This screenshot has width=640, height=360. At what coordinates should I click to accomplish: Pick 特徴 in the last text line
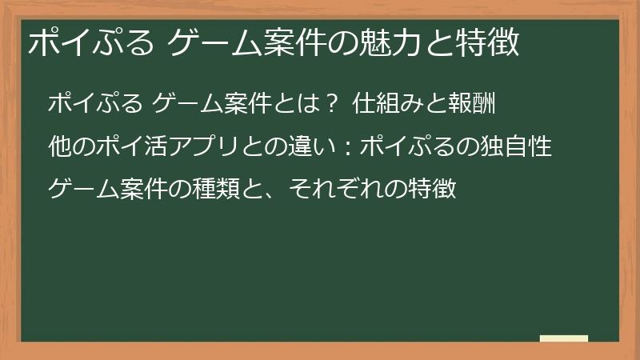(x=433, y=191)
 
